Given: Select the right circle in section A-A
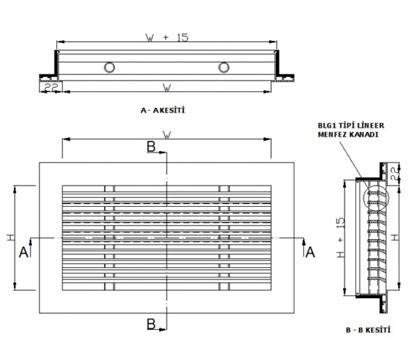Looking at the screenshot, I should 223,67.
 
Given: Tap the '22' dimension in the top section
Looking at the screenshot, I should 50,88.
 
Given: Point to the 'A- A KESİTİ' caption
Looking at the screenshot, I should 162,110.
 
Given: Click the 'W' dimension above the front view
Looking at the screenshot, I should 166,135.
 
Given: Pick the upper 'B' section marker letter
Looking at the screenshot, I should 151,147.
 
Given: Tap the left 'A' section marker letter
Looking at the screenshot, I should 23,251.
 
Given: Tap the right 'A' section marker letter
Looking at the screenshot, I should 310,251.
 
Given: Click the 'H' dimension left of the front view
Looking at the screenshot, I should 10,238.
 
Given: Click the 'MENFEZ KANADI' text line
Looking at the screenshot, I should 348,135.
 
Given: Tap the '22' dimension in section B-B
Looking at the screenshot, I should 393,173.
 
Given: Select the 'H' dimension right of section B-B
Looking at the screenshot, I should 394,238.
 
